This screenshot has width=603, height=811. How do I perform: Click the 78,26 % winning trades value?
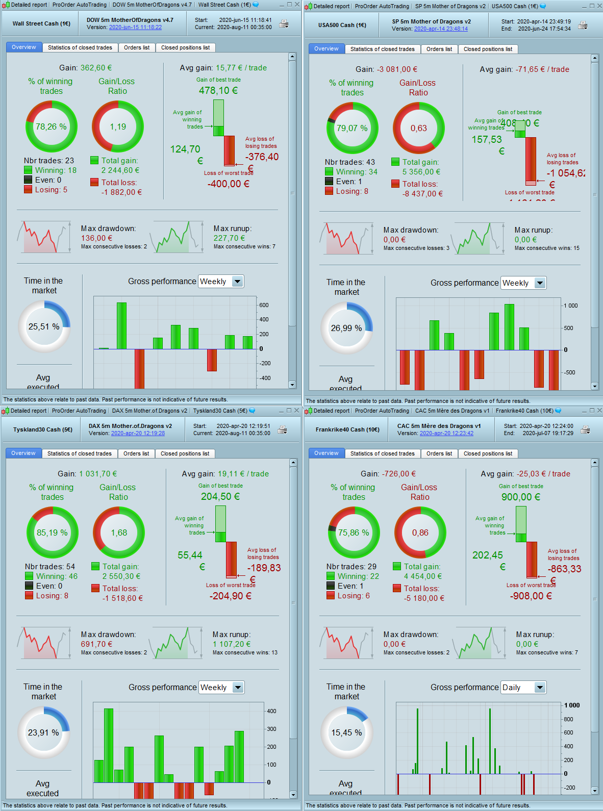click(51, 126)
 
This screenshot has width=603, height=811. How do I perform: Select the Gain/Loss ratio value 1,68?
click(119, 533)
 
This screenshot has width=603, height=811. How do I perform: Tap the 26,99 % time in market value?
click(346, 328)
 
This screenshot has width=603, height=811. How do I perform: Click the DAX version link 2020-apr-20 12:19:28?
click(138, 433)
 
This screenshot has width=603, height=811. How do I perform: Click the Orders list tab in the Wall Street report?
click(137, 47)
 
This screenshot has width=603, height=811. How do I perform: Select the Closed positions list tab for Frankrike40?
click(488, 453)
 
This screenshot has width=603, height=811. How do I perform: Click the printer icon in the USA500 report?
click(583, 25)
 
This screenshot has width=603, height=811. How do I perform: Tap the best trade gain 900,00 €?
click(520, 497)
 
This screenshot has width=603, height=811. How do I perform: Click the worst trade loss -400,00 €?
click(228, 184)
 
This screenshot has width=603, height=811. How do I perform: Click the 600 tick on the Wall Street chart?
click(264, 305)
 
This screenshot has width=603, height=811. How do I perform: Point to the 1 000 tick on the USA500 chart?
click(571, 306)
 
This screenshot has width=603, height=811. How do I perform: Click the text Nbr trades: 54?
click(50, 567)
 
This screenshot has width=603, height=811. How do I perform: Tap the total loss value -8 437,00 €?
click(422, 194)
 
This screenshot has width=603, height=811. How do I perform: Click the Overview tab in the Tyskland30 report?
click(23, 453)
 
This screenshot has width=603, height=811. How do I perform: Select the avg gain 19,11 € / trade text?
click(225, 474)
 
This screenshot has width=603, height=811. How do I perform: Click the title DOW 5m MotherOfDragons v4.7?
click(130, 20)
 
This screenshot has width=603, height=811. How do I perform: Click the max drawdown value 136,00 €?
click(96, 238)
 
